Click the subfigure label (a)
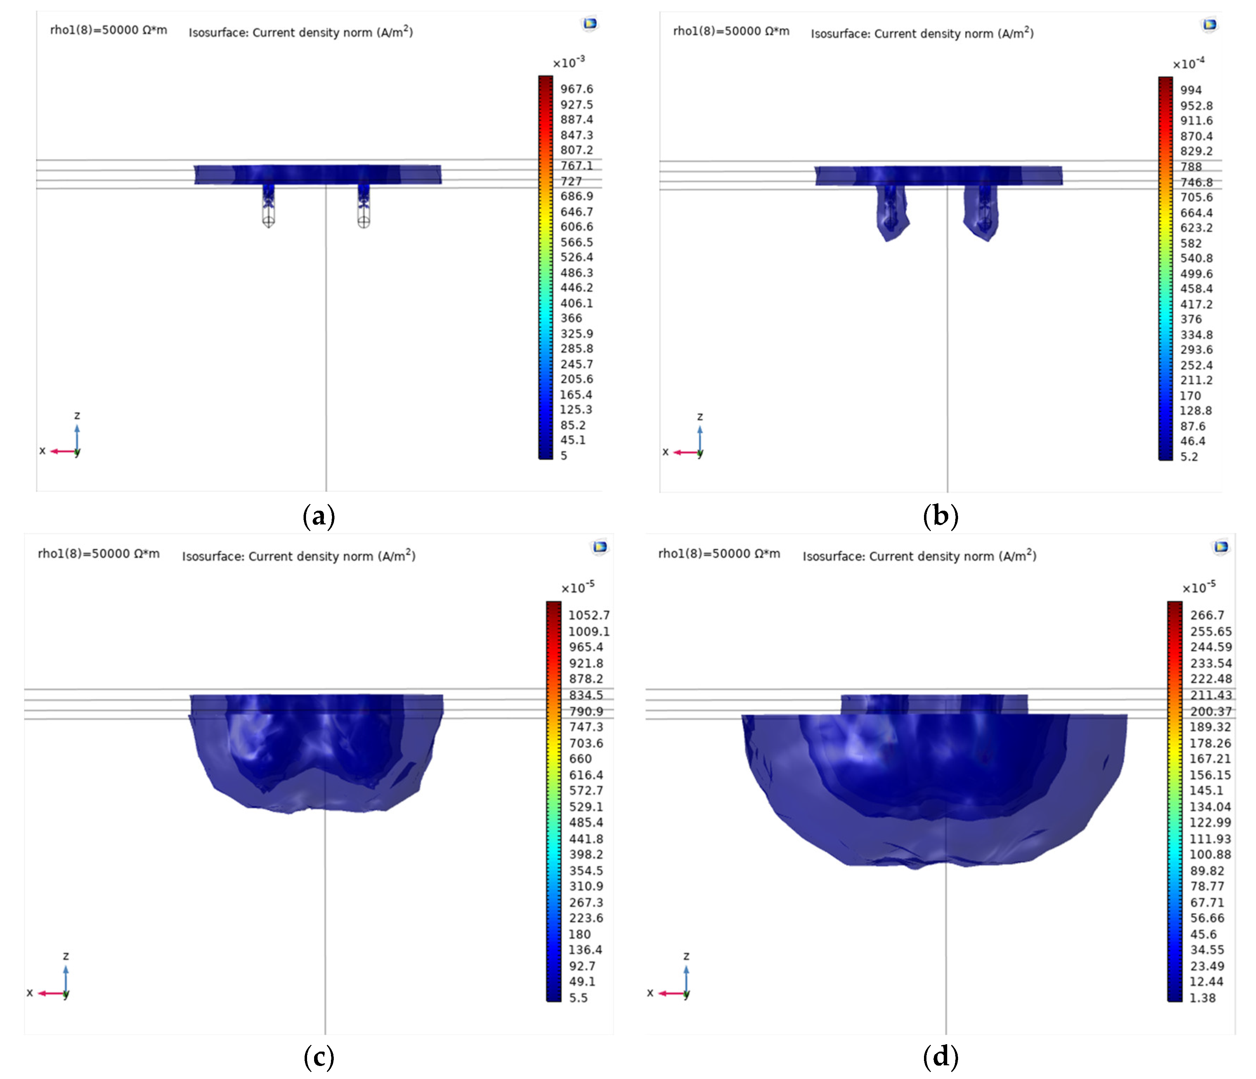[x=318, y=516]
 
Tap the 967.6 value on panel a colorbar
[x=576, y=89]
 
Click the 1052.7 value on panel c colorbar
[x=588, y=615]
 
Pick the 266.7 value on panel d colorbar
[x=1207, y=615]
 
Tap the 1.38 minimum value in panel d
[x=1202, y=998]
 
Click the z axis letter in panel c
[x=66, y=956]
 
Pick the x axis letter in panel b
[x=665, y=452]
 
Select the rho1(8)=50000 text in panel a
[x=109, y=30]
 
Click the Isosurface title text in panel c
[x=298, y=556]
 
